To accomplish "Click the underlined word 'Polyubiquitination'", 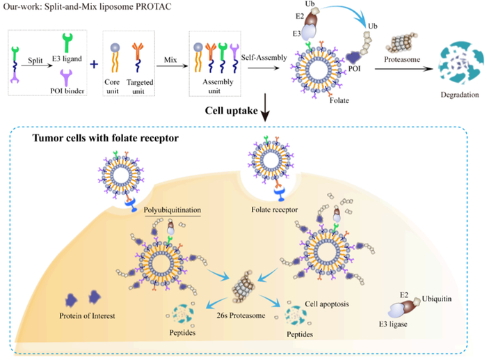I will click(x=173, y=208).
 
